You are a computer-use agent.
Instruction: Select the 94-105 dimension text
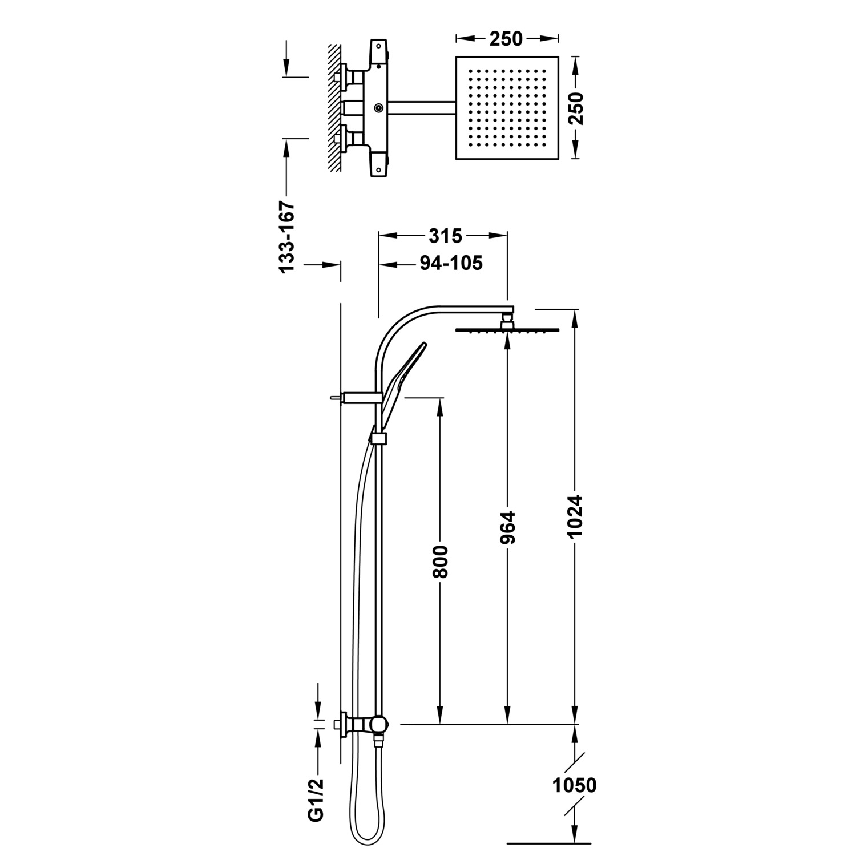pos(451,263)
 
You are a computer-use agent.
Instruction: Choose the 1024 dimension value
pos(575,515)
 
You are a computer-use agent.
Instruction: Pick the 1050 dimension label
pos(575,785)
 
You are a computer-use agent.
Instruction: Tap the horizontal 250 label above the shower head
pos(506,38)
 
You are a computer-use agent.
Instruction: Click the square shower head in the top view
pos(506,108)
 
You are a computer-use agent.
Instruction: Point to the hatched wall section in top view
pos(334,108)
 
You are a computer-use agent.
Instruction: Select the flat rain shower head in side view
pos(506,329)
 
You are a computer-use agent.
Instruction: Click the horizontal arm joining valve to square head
pos(421,108)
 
